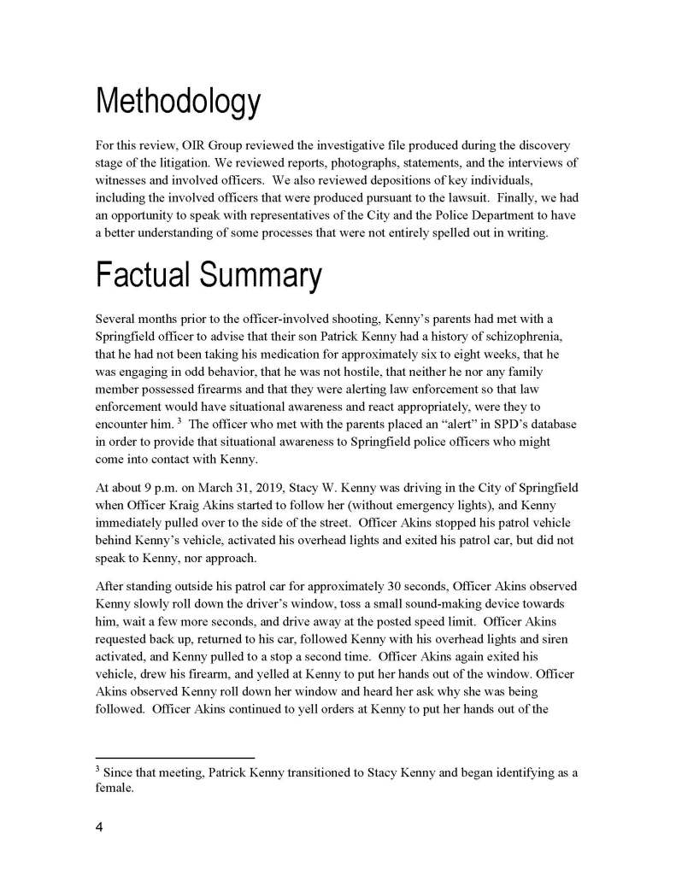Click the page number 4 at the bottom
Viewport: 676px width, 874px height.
[99, 828]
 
